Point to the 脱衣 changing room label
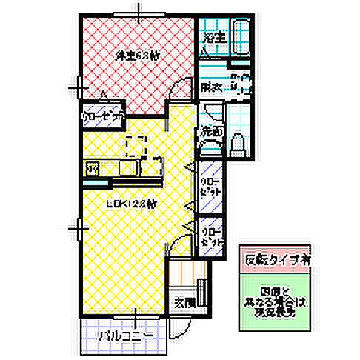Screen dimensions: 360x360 click(212, 87)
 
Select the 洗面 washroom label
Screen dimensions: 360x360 click(212, 133)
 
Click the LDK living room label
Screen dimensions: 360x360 click(130, 204)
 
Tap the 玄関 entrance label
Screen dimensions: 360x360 click(184, 301)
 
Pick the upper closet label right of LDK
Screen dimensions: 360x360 click(212, 185)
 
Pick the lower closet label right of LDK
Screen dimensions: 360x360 click(212, 236)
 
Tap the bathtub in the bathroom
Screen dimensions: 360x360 click(239, 35)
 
